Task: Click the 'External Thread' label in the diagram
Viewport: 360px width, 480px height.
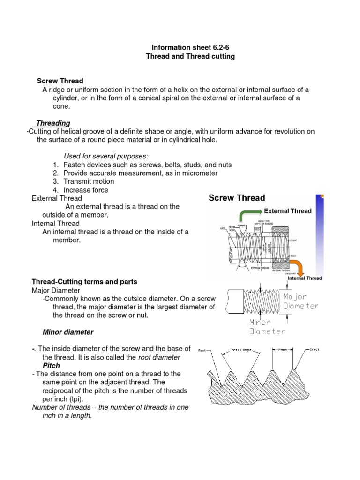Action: click(x=288, y=211)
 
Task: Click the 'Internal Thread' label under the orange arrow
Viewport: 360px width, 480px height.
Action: click(x=305, y=278)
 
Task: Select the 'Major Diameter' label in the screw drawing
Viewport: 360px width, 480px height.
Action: click(x=300, y=301)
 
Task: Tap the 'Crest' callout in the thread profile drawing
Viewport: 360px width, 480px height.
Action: click(x=314, y=350)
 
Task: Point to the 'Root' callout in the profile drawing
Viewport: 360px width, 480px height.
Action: click(x=202, y=350)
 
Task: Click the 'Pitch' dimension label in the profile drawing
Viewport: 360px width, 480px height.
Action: click(x=283, y=350)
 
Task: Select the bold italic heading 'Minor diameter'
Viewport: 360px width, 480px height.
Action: click(x=68, y=332)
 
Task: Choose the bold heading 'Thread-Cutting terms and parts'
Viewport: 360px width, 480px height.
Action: click(x=84, y=282)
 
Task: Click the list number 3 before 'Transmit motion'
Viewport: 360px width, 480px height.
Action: click(x=55, y=181)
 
